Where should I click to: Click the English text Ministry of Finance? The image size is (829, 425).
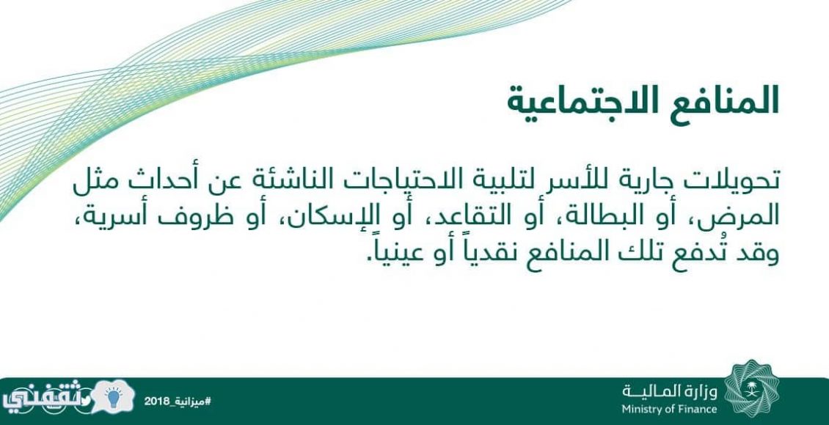click(669, 409)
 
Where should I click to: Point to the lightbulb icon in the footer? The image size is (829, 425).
click(113, 398)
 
